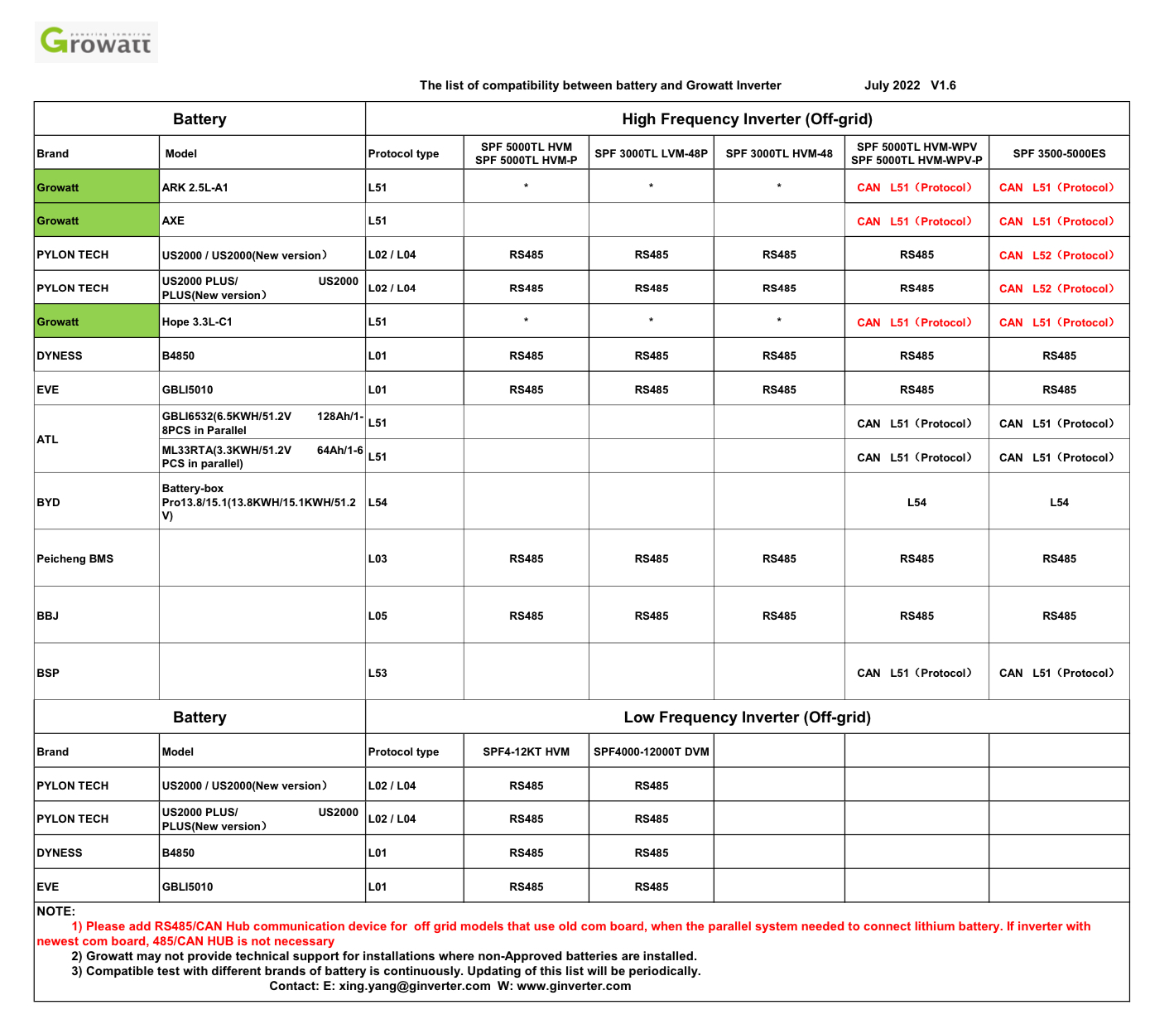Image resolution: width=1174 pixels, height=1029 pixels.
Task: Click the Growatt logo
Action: [x=96, y=41]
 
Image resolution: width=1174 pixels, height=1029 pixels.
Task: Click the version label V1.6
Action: [x=943, y=85]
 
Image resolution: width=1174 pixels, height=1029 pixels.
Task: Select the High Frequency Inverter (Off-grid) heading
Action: [x=747, y=119]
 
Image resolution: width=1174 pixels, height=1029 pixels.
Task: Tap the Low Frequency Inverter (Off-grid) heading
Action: [x=747, y=717]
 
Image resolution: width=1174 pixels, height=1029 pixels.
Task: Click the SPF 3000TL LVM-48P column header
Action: [x=651, y=153]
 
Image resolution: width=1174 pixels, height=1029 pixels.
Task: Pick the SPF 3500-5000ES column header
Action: [x=1059, y=153]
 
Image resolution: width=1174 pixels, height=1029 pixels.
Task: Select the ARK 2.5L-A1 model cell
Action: [x=195, y=187]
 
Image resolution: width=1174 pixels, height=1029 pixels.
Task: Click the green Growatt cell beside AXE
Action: [x=96, y=221]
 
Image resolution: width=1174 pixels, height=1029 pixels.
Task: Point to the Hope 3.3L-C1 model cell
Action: [x=197, y=322]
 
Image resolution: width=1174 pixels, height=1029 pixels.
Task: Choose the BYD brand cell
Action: [x=49, y=503]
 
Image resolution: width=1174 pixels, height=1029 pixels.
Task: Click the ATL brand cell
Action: [x=48, y=439]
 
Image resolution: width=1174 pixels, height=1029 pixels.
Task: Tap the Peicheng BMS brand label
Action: [x=75, y=559]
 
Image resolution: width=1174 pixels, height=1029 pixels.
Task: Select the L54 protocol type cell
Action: [x=378, y=503]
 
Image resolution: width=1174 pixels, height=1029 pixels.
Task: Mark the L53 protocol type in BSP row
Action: [x=378, y=674]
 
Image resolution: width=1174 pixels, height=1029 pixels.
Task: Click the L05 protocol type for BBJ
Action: [x=378, y=616]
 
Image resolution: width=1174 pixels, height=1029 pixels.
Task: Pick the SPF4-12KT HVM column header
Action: [x=526, y=752]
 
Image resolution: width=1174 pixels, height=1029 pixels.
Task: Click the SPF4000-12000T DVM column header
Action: [x=651, y=752]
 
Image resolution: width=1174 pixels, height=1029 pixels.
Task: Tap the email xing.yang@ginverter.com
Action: [x=415, y=986]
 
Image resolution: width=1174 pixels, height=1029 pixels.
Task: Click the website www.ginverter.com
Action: [x=574, y=986]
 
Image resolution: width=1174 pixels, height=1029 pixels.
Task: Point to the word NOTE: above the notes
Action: [x=56, y=911]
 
